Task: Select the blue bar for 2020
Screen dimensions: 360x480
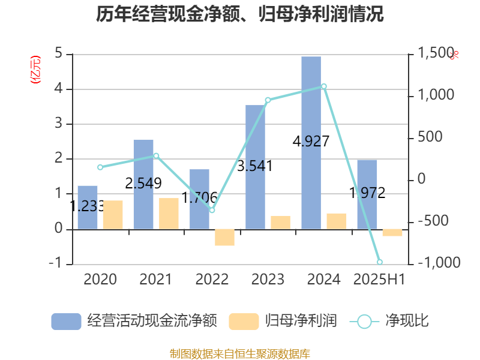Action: coord(88,207)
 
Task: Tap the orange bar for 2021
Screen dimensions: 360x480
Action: coord(169,213)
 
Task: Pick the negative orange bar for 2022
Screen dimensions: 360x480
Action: coord(224,237)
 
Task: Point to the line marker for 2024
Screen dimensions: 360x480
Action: coord(324,86)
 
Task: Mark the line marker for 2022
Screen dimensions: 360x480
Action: coord(212,210)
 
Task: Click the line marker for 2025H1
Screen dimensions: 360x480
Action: coord(379,262)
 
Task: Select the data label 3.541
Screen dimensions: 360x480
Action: coord(255,166)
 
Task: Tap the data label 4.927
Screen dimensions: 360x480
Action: coord(311,142)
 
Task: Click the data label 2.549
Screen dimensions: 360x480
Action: coord(143,184)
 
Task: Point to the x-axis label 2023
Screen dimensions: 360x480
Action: coord(268,279)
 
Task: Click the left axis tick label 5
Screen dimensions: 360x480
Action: coord(59,53)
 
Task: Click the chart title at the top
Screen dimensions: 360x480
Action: coord(240,14)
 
